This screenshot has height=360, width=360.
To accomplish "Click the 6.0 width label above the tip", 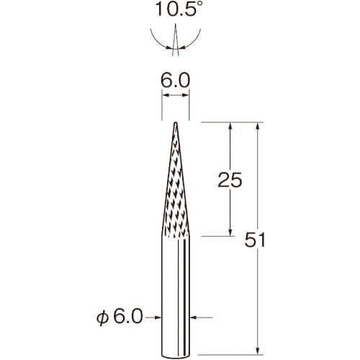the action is point(175,81).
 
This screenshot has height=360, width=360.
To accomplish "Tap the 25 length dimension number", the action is point(230,180).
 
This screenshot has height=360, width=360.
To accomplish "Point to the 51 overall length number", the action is point(255,240).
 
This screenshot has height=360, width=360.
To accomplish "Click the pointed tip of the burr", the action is point(176,122).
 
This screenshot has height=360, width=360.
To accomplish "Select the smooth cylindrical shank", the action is point(176,297).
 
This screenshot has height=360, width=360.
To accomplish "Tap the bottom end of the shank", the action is point(176,356).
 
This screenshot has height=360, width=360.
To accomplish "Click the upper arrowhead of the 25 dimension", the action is point(230,126).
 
